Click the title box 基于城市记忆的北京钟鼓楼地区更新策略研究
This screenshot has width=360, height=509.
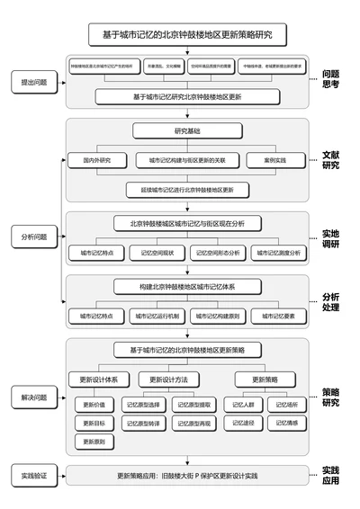click(187, 36)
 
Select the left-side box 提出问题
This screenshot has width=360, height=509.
click(34, 82)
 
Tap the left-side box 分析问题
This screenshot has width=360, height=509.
click(34, 237)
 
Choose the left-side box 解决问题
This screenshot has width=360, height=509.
click(34, 397)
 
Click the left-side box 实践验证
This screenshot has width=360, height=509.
click(34, 474)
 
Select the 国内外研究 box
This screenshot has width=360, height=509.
click(93, 161)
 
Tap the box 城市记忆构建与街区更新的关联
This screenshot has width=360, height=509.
click(187, 161)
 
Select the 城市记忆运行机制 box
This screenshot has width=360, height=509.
click(157, 317)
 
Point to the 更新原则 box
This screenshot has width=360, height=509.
click(94, 442)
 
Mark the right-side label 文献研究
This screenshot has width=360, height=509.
click(330, 160)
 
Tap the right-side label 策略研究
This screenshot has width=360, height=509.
click(330, 397)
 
